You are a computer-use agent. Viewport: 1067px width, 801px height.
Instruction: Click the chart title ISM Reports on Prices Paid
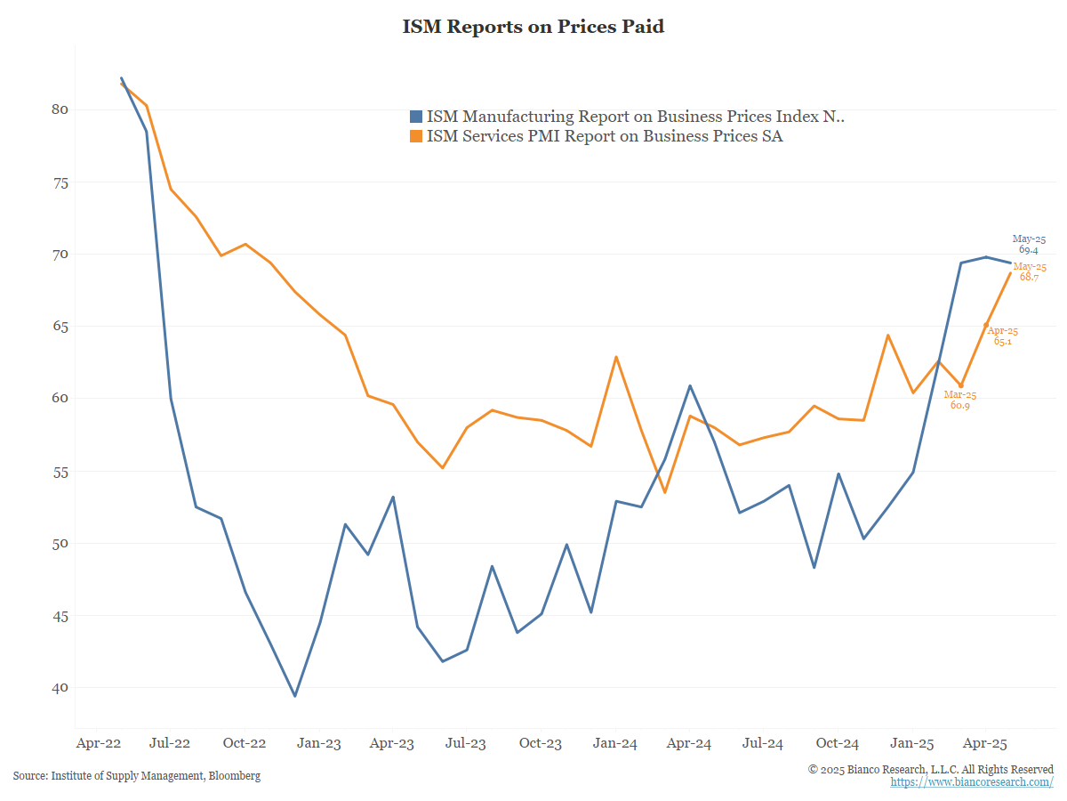(533, 27)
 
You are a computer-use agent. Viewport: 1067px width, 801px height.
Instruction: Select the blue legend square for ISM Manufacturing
(416, 117)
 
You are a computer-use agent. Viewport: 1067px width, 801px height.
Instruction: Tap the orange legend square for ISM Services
(416, 136)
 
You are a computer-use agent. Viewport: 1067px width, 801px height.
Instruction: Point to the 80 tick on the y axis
(60, 109)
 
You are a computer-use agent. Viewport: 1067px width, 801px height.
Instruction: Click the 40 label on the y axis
(60, 688)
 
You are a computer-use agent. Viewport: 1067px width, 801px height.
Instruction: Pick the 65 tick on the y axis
(60, 327)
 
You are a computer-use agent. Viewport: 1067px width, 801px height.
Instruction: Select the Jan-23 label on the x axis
(318, 742)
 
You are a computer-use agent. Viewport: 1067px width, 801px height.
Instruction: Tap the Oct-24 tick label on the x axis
(838, 742)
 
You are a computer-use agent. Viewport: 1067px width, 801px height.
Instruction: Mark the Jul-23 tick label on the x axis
(466, 742)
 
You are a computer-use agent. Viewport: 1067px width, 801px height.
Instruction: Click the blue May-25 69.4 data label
(1029, 245)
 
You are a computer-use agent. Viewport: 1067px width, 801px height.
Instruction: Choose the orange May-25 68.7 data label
(1030, 272)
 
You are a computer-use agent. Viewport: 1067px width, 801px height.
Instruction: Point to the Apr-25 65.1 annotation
(1003, 336)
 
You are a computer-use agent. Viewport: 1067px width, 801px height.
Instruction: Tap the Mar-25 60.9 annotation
(960, 400)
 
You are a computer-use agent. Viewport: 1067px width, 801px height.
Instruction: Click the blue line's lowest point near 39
(295, 696)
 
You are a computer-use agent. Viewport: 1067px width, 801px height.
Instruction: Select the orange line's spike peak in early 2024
(616, 357)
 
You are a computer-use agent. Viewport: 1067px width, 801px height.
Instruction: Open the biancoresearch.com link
(972, 781)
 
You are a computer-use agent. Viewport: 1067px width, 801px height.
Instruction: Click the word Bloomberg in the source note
(235, 776)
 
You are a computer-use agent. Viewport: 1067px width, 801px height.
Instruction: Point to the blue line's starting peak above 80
(121, 78)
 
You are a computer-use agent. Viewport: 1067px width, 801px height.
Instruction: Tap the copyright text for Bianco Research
(931, 769)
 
